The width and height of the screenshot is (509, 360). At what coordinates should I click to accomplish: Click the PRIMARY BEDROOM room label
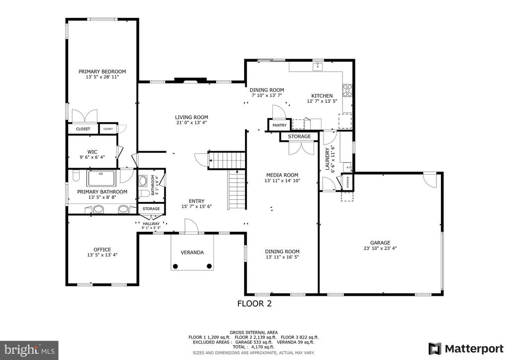102,72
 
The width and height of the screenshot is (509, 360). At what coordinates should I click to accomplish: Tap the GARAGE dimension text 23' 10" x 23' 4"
380,248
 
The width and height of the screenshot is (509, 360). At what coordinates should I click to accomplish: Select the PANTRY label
279,125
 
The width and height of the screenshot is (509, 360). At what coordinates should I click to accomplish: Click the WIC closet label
92,152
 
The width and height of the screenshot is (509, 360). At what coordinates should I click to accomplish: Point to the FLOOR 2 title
254,303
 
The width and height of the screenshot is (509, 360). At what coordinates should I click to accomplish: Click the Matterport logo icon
434,349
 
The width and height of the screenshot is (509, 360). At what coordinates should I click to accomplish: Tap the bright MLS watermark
29,350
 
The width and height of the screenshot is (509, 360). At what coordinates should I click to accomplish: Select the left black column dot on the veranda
175,267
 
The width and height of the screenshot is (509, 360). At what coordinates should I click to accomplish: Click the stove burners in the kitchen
347,90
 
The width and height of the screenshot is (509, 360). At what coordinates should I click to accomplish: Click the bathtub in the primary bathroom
101,178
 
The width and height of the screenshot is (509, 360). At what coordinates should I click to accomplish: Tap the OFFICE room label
102,249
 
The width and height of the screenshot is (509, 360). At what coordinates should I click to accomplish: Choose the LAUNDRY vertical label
327,159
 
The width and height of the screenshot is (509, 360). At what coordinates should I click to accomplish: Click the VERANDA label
192,252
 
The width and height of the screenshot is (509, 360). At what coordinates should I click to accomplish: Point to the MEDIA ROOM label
282,175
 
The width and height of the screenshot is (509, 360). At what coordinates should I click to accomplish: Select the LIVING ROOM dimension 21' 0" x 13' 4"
191,123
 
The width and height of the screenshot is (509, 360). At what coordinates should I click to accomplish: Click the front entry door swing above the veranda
191,226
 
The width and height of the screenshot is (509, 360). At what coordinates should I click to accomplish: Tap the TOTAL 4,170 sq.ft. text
254,347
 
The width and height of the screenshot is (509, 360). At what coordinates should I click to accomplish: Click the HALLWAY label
151,224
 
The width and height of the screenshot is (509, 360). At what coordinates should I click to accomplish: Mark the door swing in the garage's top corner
431,180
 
